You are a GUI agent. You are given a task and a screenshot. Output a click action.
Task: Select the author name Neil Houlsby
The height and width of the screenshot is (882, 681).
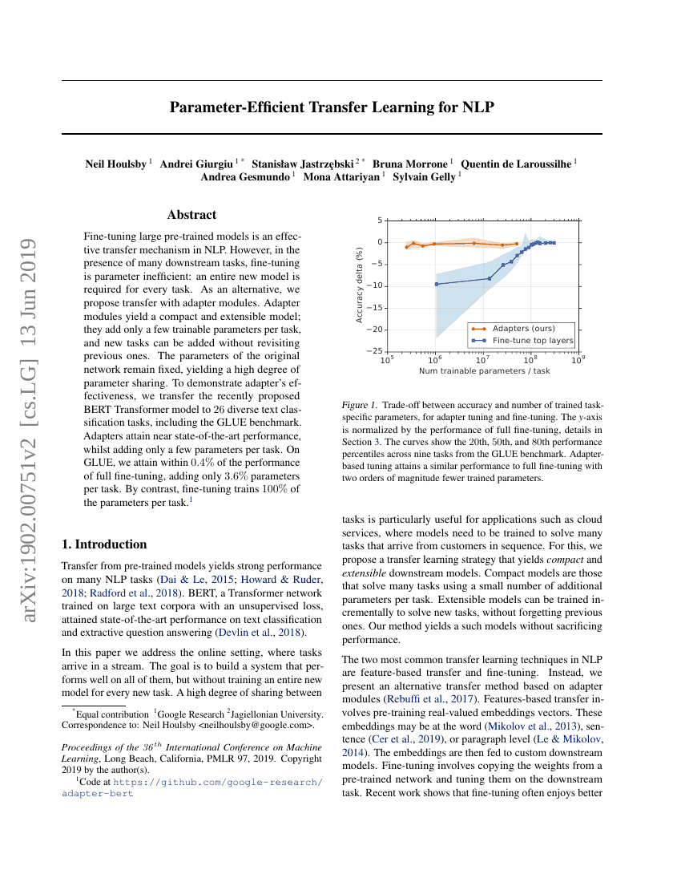pos(116,164)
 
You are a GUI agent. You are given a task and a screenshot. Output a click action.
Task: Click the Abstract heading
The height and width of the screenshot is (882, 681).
pos(191,215)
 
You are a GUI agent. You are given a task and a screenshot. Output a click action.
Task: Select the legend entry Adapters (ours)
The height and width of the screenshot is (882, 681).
pos(523,328)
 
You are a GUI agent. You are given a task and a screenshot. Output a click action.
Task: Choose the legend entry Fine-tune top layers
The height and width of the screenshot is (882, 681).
pos(533,340)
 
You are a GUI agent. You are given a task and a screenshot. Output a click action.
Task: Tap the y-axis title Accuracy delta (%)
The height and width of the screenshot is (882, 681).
pos(359,285)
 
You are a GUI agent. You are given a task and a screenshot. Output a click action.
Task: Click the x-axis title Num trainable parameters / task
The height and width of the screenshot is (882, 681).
pos(484,371)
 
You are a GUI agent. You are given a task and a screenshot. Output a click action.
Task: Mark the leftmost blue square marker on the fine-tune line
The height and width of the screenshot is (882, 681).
pos(437,284)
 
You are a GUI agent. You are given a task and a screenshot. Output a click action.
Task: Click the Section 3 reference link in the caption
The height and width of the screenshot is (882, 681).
pos(390,442)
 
